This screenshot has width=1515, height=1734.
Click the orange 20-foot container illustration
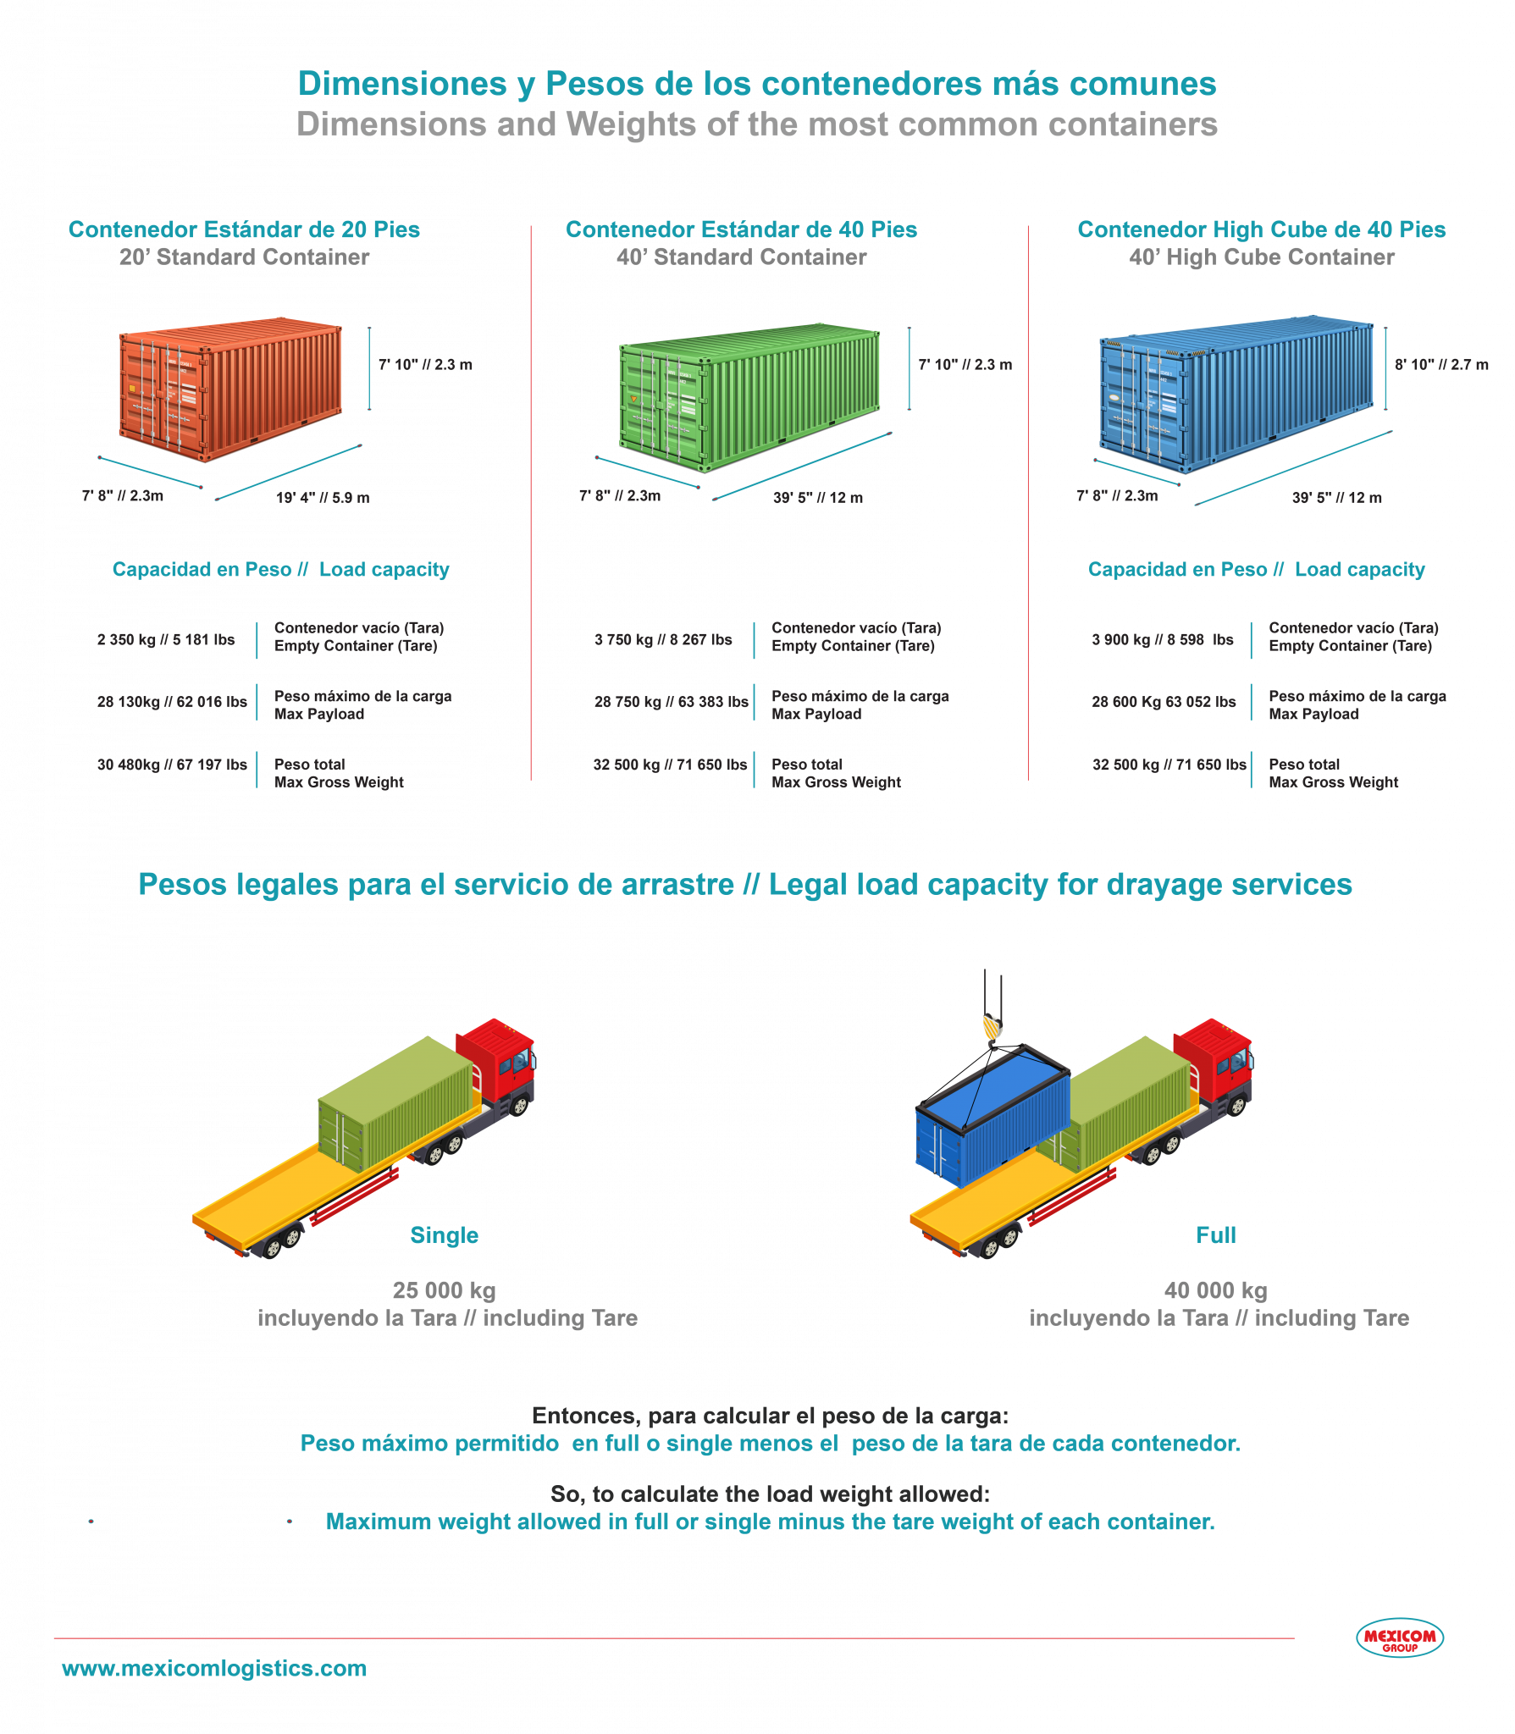point(230,389)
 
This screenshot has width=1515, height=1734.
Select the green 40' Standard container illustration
point(749,396)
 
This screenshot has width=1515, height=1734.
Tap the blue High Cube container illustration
point(1236,392)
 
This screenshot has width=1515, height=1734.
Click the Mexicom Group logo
point(1400,1637)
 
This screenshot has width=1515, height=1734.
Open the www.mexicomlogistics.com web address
point(214,1668)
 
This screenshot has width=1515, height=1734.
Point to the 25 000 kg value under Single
point(444,1290)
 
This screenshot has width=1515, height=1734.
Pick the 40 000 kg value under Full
point(1215,1290)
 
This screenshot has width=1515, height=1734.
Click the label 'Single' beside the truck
point(444,1235)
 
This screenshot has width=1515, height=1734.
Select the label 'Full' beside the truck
point(1215,1235)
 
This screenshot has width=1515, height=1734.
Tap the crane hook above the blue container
point(992,1026)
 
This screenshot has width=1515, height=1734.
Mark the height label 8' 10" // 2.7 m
point(1441,365)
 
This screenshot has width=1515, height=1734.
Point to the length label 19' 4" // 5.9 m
point(323,498)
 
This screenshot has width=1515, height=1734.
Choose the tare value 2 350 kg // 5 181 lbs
point(166,639)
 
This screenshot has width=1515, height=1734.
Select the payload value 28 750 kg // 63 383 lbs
point(671,702)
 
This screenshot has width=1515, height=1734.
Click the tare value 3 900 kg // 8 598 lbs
point(1162,639)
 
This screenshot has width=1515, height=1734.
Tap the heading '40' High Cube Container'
point(1261,257)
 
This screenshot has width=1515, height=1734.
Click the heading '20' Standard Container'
point(244,257)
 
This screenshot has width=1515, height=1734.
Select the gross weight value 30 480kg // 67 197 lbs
point(172,765)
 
